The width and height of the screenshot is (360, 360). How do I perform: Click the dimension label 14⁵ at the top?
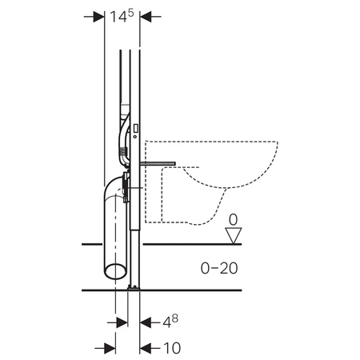click(122, 16)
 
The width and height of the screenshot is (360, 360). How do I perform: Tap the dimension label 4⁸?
click(170, 322)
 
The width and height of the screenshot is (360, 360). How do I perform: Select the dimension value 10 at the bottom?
click(172, 348)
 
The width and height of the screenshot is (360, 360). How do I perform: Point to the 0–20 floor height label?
click(219, 268)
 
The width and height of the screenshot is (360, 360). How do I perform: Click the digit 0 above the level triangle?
click(233, 220)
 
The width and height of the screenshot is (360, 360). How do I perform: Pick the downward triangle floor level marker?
click(234, 235)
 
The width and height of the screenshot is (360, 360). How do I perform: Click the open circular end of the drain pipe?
click(115, 271)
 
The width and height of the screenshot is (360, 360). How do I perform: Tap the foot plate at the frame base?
click(134, 287)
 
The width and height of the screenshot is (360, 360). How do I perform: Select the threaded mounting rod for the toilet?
click(158, 163)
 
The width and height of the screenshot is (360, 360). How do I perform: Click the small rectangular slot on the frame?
click(135, 128)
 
